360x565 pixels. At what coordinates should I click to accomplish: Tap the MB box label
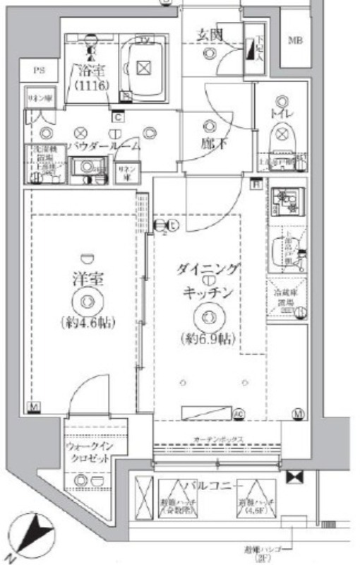(295, 40)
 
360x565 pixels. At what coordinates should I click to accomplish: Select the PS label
(39, 70)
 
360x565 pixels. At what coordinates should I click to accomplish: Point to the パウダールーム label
(104, 145)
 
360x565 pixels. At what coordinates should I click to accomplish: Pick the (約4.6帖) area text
(85, 323)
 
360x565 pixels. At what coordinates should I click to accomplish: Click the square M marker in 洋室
(33, 407)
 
